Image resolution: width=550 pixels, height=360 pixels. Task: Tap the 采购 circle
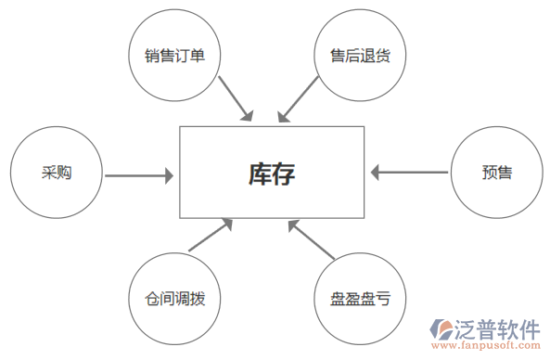pyautogui.click(x=56, y=174)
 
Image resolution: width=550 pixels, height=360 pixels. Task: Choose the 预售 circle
pyautogui.click(x=496, y=173)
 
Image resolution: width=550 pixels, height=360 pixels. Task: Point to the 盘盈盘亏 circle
pyautogui.click(x=360, y=299)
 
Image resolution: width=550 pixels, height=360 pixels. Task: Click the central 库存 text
pyautogui.click(x=272, y=174)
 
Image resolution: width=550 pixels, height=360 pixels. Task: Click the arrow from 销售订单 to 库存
pyautogui.click(x=236, y=98)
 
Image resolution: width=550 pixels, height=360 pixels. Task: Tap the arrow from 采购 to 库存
pyautogui.click(x=139, y=174)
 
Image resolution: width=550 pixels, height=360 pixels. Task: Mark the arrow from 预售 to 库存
pyautogui.click(x=408, y=172)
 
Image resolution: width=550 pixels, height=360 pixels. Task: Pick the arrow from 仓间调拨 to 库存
pyautogui.click(x=210, y=236)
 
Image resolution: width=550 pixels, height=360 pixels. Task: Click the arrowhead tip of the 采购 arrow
pyautogui.click(x=173, y=174)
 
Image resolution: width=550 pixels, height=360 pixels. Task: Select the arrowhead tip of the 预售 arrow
pyautogui.click(x=371, y=172)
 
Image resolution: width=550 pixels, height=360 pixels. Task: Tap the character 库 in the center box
pyautogui.click(x=259, y=174)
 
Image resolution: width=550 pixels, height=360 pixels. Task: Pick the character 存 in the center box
pyautogui.click(x=285, y=174)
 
